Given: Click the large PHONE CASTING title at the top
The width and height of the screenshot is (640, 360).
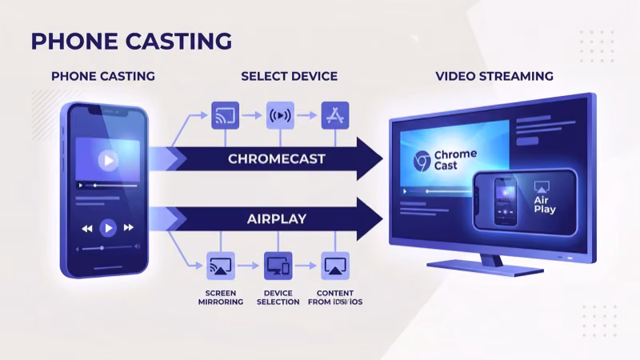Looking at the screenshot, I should [131, 41].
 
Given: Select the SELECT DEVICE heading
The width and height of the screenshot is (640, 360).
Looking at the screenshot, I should [289, 77].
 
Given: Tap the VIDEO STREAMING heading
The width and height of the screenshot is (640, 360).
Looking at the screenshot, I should [494, 77].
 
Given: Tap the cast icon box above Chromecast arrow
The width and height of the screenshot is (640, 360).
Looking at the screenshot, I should [225, 115].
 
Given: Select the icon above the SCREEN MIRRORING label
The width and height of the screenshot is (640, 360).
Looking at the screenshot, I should [221, 266].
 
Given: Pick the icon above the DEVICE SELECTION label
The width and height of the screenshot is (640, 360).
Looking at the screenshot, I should [278, 266].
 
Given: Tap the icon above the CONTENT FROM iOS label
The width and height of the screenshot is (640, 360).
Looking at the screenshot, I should [334, 266].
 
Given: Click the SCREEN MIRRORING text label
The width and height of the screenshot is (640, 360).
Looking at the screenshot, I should [221, 297].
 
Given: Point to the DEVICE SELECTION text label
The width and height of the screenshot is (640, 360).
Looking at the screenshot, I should [278, 297].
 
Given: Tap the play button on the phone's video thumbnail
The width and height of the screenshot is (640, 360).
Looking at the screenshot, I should [106, 160].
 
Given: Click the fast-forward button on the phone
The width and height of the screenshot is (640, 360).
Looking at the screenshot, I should [128, 229].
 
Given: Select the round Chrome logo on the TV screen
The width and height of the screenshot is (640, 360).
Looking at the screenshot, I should [420, 161].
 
